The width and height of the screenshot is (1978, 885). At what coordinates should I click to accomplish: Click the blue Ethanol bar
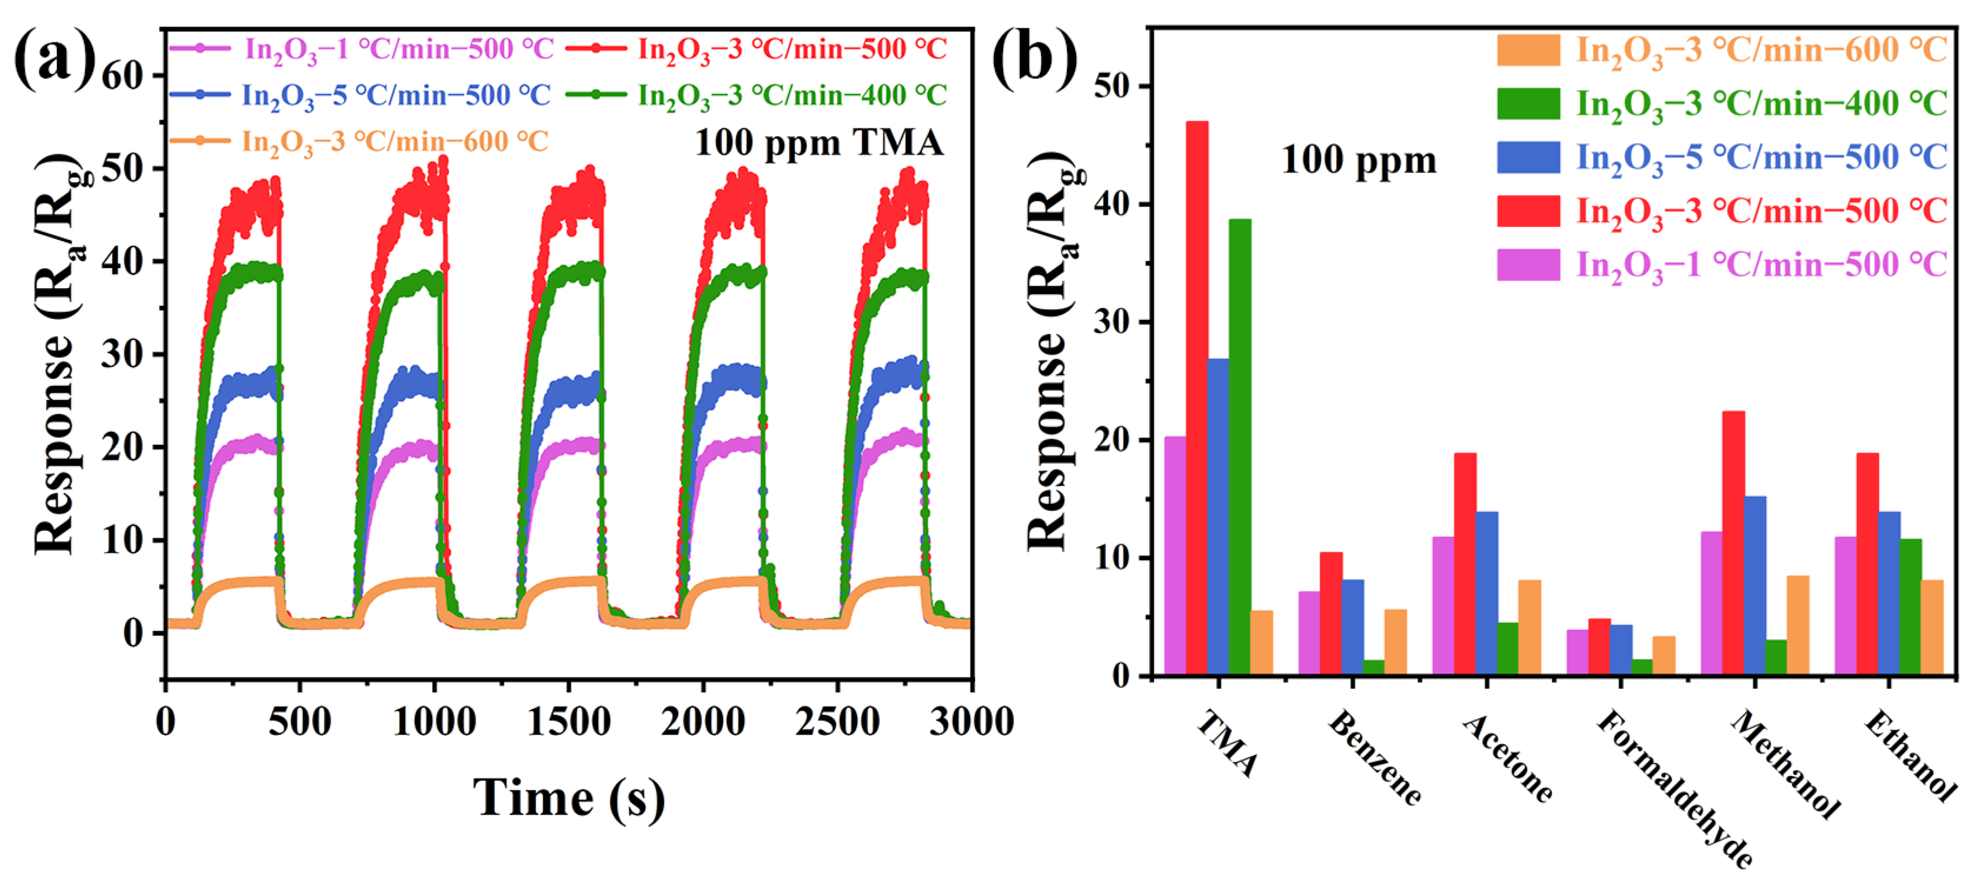(x=1889, y=593)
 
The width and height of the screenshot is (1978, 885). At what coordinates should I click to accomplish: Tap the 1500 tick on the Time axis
(x=568, y=722)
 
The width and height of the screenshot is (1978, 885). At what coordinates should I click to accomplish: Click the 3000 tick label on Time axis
(x=971, y=722)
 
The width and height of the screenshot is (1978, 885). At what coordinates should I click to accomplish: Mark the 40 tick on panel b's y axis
(x=1113, y=204)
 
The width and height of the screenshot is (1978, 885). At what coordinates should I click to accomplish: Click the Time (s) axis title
(x=568, y=799)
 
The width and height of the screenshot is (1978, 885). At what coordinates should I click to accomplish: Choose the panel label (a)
(x=54, y=58)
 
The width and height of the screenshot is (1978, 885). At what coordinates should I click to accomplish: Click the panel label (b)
(x=1033, y=58)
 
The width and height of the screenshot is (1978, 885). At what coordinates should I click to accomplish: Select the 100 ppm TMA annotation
(x=818, y=143)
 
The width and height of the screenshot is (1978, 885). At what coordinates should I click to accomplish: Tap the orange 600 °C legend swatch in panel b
(x=1528, y=50)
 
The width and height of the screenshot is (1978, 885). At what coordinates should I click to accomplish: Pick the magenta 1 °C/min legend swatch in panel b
(x=1528, y=265)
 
